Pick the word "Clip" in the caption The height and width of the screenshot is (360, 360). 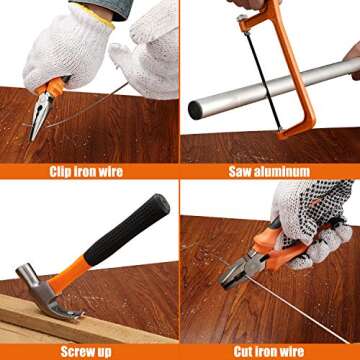[62, 170]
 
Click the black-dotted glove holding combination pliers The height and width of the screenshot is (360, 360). [315, 215]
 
